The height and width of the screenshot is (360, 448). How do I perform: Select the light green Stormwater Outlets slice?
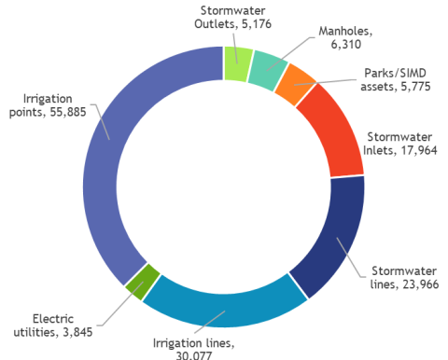[238, 62]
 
